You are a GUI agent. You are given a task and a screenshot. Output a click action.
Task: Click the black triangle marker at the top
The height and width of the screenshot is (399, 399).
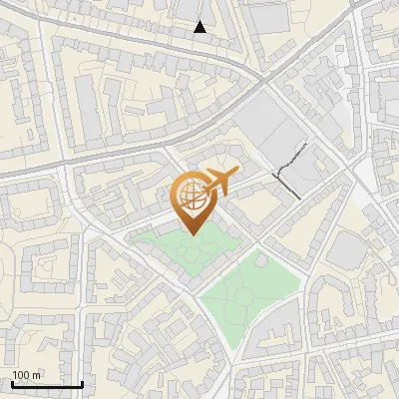pos(200,27)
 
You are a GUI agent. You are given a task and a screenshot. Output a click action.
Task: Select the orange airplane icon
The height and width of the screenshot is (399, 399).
pos(221,183)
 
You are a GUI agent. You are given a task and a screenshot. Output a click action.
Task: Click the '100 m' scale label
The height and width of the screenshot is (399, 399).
pos(27,375)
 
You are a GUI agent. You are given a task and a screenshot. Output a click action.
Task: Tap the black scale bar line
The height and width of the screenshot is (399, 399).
pos(47,384)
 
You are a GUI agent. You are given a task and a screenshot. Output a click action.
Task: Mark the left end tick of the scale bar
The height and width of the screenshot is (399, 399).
pos(12,383)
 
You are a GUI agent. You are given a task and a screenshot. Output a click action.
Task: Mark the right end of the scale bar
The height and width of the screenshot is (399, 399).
pos(82,383)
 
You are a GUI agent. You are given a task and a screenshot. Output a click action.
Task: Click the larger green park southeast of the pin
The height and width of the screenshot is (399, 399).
pos(249,289)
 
